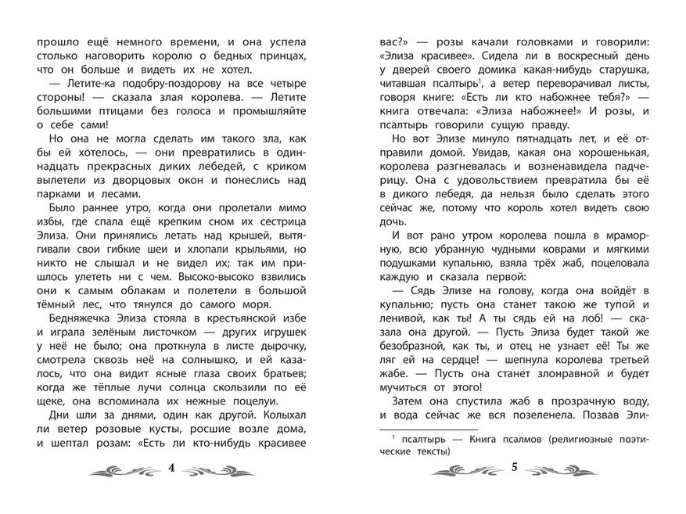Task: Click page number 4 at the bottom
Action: click(172, 469)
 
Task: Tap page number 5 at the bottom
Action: click(514, 469)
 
